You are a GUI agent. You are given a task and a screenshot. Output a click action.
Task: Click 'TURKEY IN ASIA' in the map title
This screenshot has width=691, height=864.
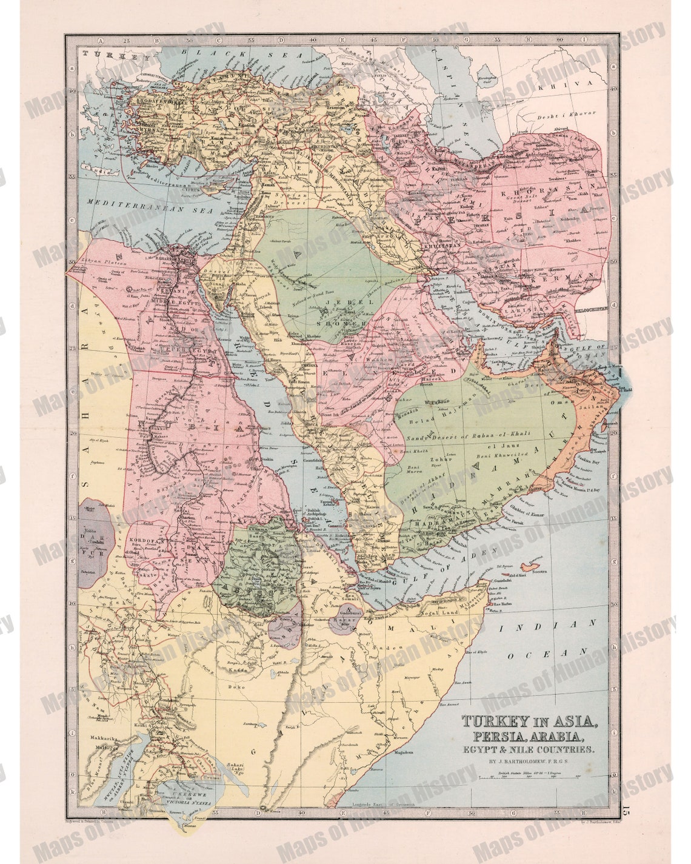pos(530,722)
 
